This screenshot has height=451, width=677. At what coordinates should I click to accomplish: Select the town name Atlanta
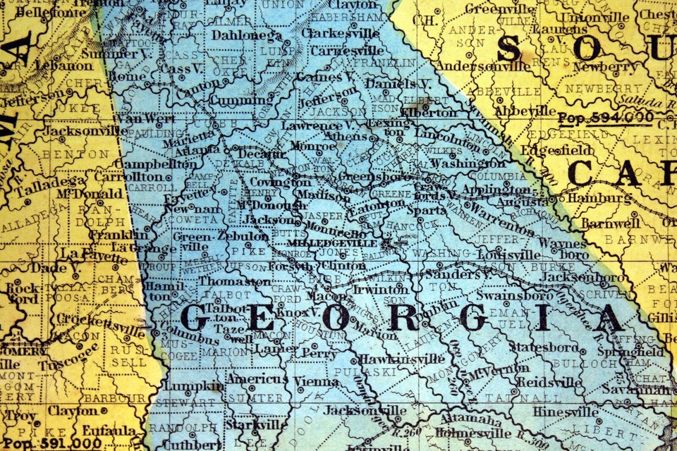(198, 150)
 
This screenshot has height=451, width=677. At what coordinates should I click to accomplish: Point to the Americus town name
(257, 379)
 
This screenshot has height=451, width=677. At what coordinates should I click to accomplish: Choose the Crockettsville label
(92, 319)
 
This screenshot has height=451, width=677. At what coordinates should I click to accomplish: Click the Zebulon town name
(243, 236)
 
